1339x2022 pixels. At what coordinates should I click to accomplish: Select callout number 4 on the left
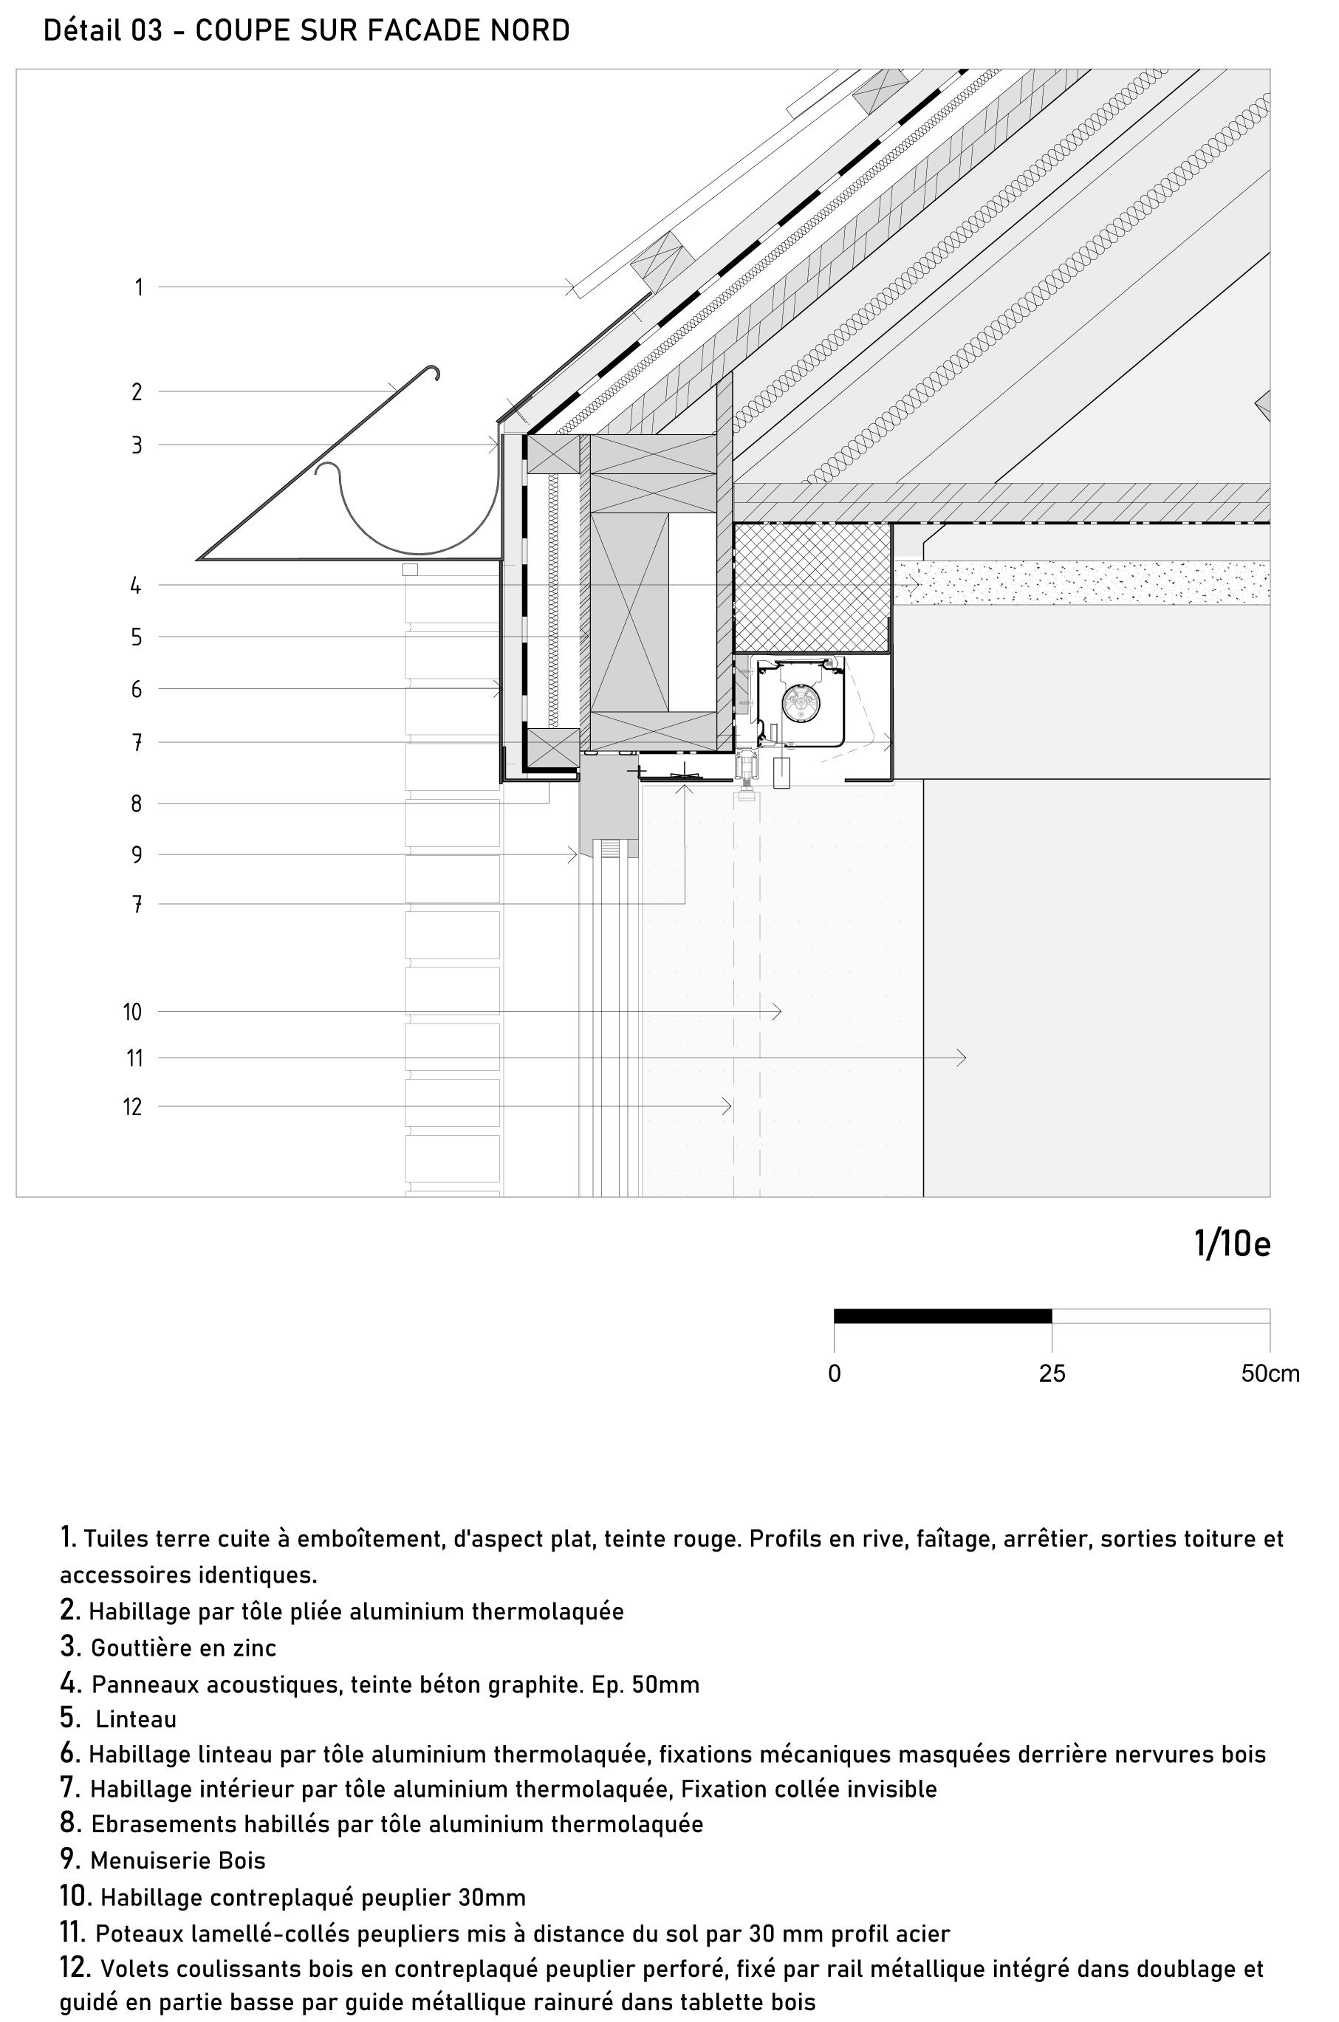[136, 586]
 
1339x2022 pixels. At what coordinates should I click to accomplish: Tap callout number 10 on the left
[132, 1012]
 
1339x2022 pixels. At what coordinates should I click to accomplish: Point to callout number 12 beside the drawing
[132, 1108]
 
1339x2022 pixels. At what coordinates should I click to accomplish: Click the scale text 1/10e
[1232, 1245]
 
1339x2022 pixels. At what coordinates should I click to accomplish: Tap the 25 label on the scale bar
[1052, 1373]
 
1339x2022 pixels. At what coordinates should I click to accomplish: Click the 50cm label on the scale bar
[1270, 1373]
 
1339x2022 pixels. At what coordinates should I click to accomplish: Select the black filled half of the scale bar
[942, 1316]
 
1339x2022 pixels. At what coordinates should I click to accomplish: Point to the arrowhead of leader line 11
[962, 1058]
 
